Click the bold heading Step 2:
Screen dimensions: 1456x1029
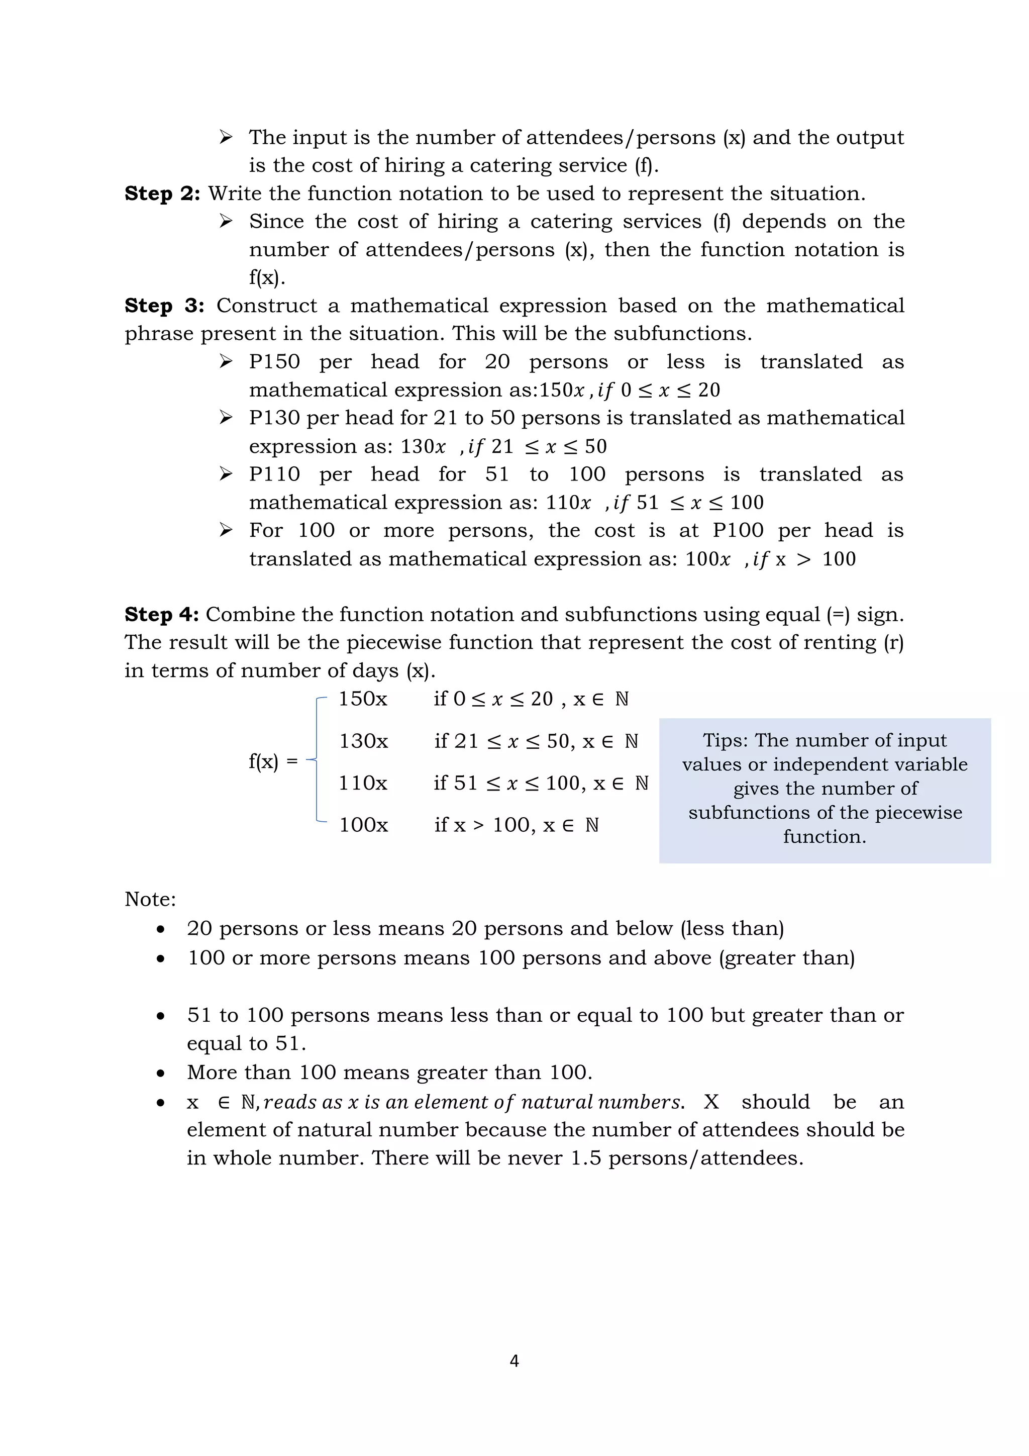tap(162, 193)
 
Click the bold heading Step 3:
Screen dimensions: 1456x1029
tap(164, 306)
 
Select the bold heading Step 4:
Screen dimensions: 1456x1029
tap(162, 615)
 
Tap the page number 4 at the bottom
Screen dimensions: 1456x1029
tap(514, 1361)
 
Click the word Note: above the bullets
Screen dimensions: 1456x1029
tap(150, 899)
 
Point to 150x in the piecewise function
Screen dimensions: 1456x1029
tap(363, 699)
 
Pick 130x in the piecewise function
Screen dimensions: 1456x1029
tap(363, 741)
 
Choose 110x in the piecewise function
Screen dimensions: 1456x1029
tap(363, 783)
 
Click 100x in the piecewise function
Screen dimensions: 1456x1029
tap(363, 825)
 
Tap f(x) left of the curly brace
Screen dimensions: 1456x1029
tap(264, 761)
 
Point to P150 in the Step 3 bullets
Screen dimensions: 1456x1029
tap(274, 362)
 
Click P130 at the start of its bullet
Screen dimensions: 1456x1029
tap(274, 418)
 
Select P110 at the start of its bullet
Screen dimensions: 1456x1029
tap(274, 474)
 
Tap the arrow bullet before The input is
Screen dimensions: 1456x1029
tap(226, 137)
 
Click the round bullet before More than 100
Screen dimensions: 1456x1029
tap(161, 1073)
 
